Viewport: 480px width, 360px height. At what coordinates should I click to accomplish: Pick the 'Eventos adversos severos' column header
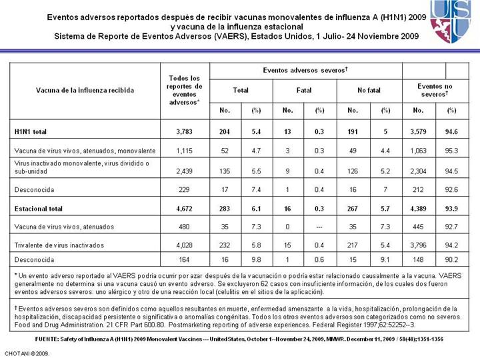(305, 70)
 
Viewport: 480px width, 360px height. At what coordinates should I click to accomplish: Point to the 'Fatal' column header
(304, 89)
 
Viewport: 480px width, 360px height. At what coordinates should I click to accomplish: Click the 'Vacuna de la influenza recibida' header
(85, 89)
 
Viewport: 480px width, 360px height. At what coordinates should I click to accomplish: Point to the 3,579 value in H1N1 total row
(419, 132)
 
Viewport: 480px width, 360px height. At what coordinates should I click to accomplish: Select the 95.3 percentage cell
(451, 151)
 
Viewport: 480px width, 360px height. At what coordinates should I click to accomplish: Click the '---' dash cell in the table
(320, 227)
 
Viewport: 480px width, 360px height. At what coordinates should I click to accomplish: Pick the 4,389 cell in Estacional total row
(419, 208)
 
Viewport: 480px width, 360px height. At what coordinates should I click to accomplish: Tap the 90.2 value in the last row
(451, 259)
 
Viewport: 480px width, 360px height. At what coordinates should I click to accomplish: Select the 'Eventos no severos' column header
(435, 89)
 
